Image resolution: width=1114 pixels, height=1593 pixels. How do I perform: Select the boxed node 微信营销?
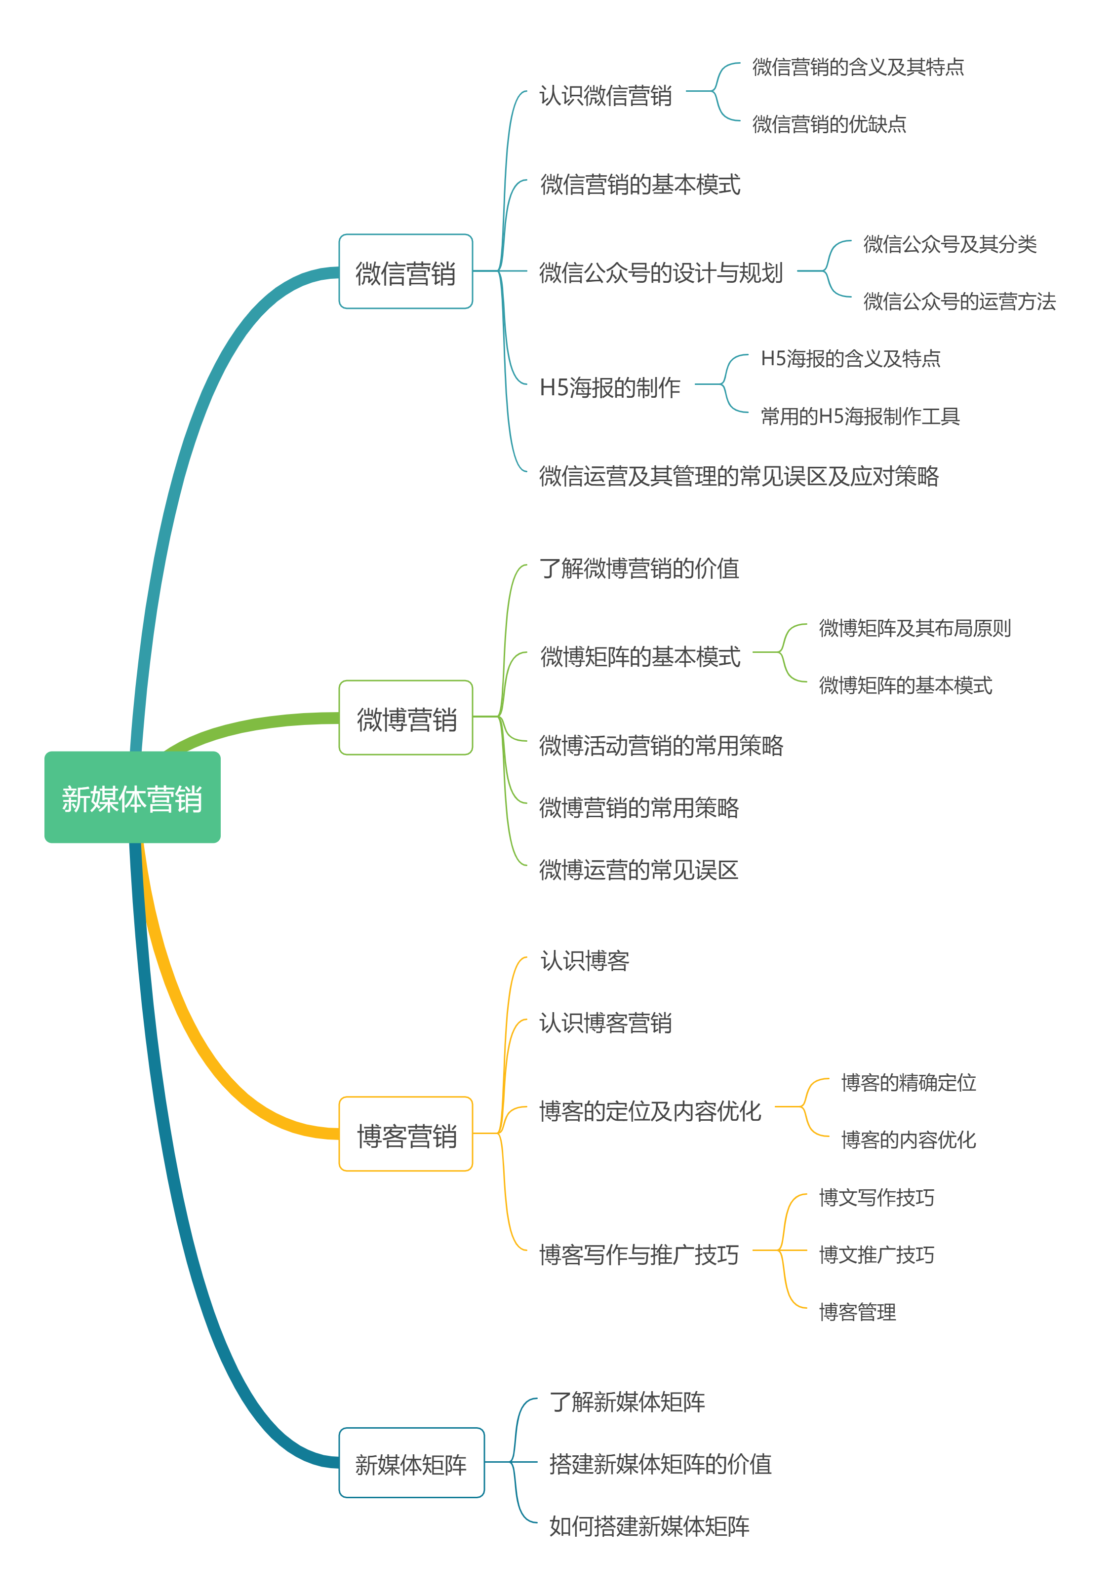405,272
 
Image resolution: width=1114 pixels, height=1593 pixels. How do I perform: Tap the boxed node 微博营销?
405,718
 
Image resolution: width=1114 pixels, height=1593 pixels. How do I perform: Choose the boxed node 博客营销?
405,1135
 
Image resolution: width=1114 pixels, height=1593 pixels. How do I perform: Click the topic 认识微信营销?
605,95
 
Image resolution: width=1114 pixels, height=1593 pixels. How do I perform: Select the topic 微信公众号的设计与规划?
661,273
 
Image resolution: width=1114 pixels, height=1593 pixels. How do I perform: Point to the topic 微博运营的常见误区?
638,870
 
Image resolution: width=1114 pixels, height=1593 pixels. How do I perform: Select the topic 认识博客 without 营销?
585,961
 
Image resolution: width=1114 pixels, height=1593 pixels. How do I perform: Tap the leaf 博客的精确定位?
909,1082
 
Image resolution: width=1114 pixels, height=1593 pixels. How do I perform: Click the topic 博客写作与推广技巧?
638,1254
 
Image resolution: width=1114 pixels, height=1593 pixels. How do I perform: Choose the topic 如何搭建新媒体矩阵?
649,1526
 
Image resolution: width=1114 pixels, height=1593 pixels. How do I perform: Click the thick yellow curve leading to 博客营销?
201,1041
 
